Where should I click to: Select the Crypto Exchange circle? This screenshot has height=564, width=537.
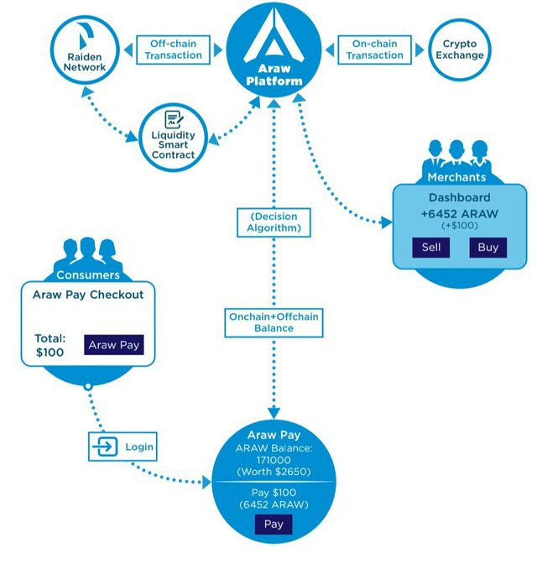tap(459, 50)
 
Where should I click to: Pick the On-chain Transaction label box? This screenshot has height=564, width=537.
tap(374, 49)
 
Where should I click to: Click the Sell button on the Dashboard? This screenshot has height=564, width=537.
tap(430, 247)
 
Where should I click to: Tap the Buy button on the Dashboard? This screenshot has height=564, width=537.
tap(487, 247)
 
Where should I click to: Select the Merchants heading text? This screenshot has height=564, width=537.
tap(457, 177)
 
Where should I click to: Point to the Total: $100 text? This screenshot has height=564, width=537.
tap(50, 345)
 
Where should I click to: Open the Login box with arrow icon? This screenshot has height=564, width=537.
tap(123, 446)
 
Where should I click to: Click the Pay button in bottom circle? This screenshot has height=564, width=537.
tap(274, 525)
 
